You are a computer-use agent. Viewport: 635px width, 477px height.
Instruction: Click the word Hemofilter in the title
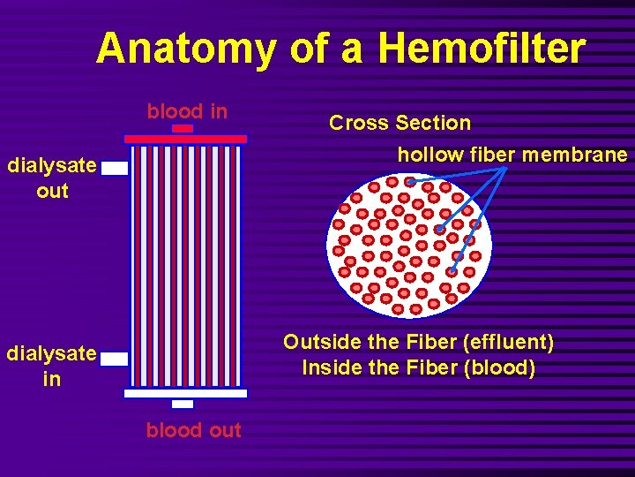[x=481, y=49]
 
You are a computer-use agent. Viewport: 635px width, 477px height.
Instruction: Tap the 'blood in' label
[x=187, y=111]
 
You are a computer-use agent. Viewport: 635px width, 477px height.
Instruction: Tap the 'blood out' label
[x=193, y=430]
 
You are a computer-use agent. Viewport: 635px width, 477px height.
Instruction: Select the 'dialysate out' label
[x=52, y=178]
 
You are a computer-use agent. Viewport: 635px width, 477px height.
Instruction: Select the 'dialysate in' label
[x=52, y=366]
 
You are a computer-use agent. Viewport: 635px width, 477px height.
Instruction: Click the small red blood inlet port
[x=183, y=129]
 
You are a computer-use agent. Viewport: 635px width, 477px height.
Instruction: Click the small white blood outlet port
[x=183, y=404]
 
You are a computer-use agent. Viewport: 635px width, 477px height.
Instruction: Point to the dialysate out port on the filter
[x=115, y=169]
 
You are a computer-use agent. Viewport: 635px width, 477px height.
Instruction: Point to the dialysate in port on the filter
[x=115, y=359]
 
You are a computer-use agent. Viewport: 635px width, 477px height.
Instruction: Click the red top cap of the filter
[x=186, y=139]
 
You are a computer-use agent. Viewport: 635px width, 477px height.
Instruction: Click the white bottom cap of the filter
[x=186, y=393]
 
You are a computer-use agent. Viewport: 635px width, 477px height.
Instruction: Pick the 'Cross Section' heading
[x=400, y=123]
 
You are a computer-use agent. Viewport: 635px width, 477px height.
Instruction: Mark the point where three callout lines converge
[x=505, y=167]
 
